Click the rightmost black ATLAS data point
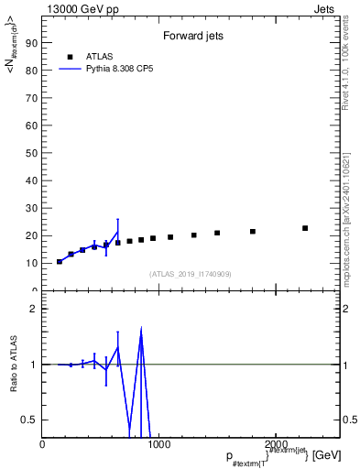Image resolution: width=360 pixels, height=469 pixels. pyautogui.click(x=305, y=228)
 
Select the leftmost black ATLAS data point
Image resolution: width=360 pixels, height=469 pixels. pyautogui.click(x=60, y=262)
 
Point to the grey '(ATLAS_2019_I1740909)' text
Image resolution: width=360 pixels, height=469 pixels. pyautogui.click(x=190, y=274)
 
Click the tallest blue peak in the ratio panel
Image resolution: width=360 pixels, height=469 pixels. pyautogui.click(x=141, y=330)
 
